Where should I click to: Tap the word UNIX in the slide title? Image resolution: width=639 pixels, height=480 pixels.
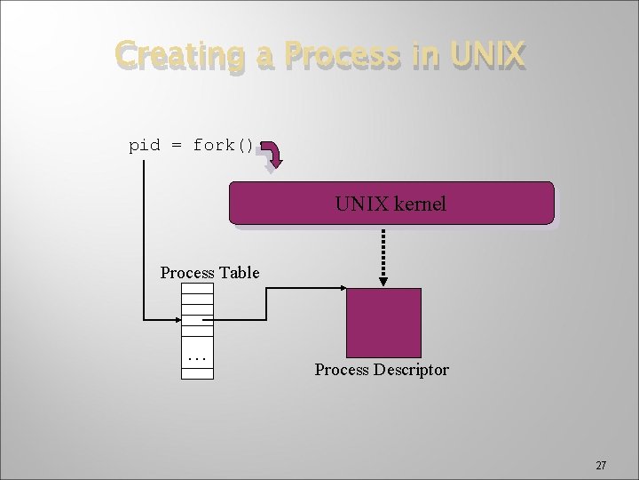click(x=487, y=56)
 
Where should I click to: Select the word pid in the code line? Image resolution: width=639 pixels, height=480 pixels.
click(x=145, y=145)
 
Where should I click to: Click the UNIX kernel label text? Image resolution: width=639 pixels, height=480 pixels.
click(x=390, y=204)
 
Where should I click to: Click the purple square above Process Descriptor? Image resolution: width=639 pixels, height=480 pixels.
click(x=383, y=322)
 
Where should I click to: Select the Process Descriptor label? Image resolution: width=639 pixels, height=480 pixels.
click(x=382, y=369)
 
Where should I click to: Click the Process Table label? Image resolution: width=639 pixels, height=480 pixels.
click(x=209, y=272)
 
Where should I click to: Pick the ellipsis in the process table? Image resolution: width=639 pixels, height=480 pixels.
click(x=197, y=358)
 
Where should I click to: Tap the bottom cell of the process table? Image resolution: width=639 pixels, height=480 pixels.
click(x=197, y=374)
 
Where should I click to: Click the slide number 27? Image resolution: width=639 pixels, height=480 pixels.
click(x=601, y=465)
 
